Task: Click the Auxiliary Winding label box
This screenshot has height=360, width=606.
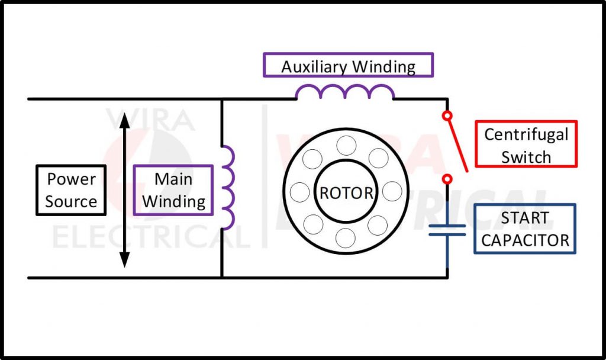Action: click(x=348, y=65)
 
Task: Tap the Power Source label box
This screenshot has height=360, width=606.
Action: click(x=71, y=190)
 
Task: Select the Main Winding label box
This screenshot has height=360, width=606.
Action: click(x=173, y=190)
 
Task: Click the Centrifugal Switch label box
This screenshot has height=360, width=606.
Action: click(x=526, y=144)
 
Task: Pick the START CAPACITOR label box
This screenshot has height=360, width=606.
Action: click(x=524, y=229)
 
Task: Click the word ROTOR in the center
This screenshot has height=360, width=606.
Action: click(x=347, y=193)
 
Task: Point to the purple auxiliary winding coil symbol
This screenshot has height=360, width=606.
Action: click(x=345, y=92)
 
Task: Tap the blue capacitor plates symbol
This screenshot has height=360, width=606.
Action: click(x=447, y=230)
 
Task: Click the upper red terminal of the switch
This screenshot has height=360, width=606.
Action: click(x=447, y=115)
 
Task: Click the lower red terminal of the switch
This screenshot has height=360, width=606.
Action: click(x=447, y=178)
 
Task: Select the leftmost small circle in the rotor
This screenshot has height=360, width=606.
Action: click(x=300, y=192)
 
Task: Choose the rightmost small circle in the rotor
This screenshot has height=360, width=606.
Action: click(x=392, y=192)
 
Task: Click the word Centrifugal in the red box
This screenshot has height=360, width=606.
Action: click(x=526, y=134)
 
